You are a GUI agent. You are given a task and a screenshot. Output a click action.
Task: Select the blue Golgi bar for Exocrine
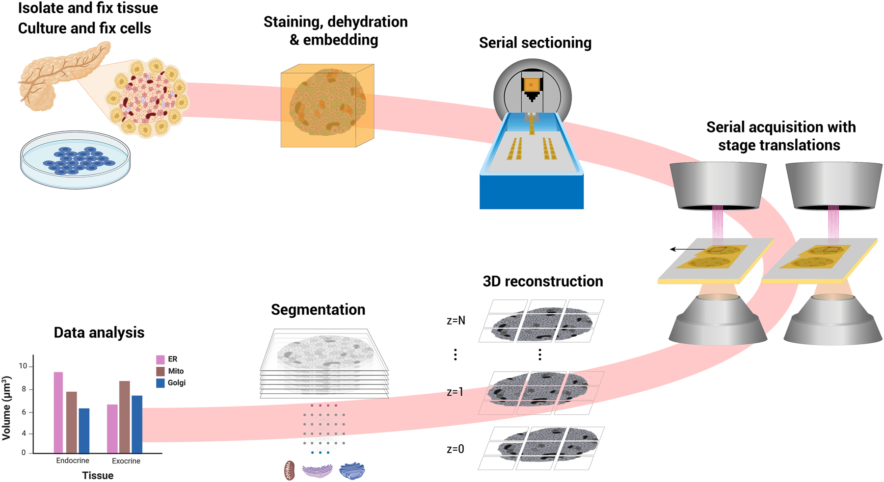pyautogui.click(x=137, y=424)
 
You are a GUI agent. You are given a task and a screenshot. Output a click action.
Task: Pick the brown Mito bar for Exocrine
pyautogui.click(x=124, y=417)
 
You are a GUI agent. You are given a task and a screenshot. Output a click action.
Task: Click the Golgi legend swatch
pyautogui.click(x=160, y=383)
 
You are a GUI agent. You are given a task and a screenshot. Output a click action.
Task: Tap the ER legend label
pyautogui.click(x=172, y=359)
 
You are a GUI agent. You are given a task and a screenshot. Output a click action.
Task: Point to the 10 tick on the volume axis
pyautogui.click(x=23, y=366)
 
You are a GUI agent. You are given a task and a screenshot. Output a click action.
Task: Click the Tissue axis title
pyautogui.click(x=98, y=475)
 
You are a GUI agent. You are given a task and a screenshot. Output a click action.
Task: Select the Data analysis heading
pyautogui.click(x=99, y=332)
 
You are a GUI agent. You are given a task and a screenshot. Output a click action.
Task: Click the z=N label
pyautogui.click(x=456, y=321)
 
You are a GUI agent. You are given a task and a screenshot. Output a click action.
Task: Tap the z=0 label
pyautogui.click(x=455, y=449)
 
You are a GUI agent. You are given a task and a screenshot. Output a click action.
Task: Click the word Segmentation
pyautogui.click(x=318, y=309)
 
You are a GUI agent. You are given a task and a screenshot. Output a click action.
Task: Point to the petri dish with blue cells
pyautogui.click(x=75, y=159)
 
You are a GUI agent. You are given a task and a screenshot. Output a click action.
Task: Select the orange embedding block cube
pyautogui.click(x=327, y=105)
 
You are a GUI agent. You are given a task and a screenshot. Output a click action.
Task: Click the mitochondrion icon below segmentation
pyautogui.click(x=290, y=470)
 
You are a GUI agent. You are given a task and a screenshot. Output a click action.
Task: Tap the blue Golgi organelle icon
pyautogui.click(x=352, y=471)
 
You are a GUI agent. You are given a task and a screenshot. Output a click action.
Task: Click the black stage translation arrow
pyautogui.click(x=687, y=250)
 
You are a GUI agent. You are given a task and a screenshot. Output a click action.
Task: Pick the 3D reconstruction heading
pyautogui.click(x=543, y=281)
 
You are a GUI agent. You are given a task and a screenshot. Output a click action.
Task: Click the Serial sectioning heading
pyautogui.click(x=535, y=43)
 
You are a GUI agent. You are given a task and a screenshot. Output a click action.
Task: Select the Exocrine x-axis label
pyautogui.click(x=126, y=461)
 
